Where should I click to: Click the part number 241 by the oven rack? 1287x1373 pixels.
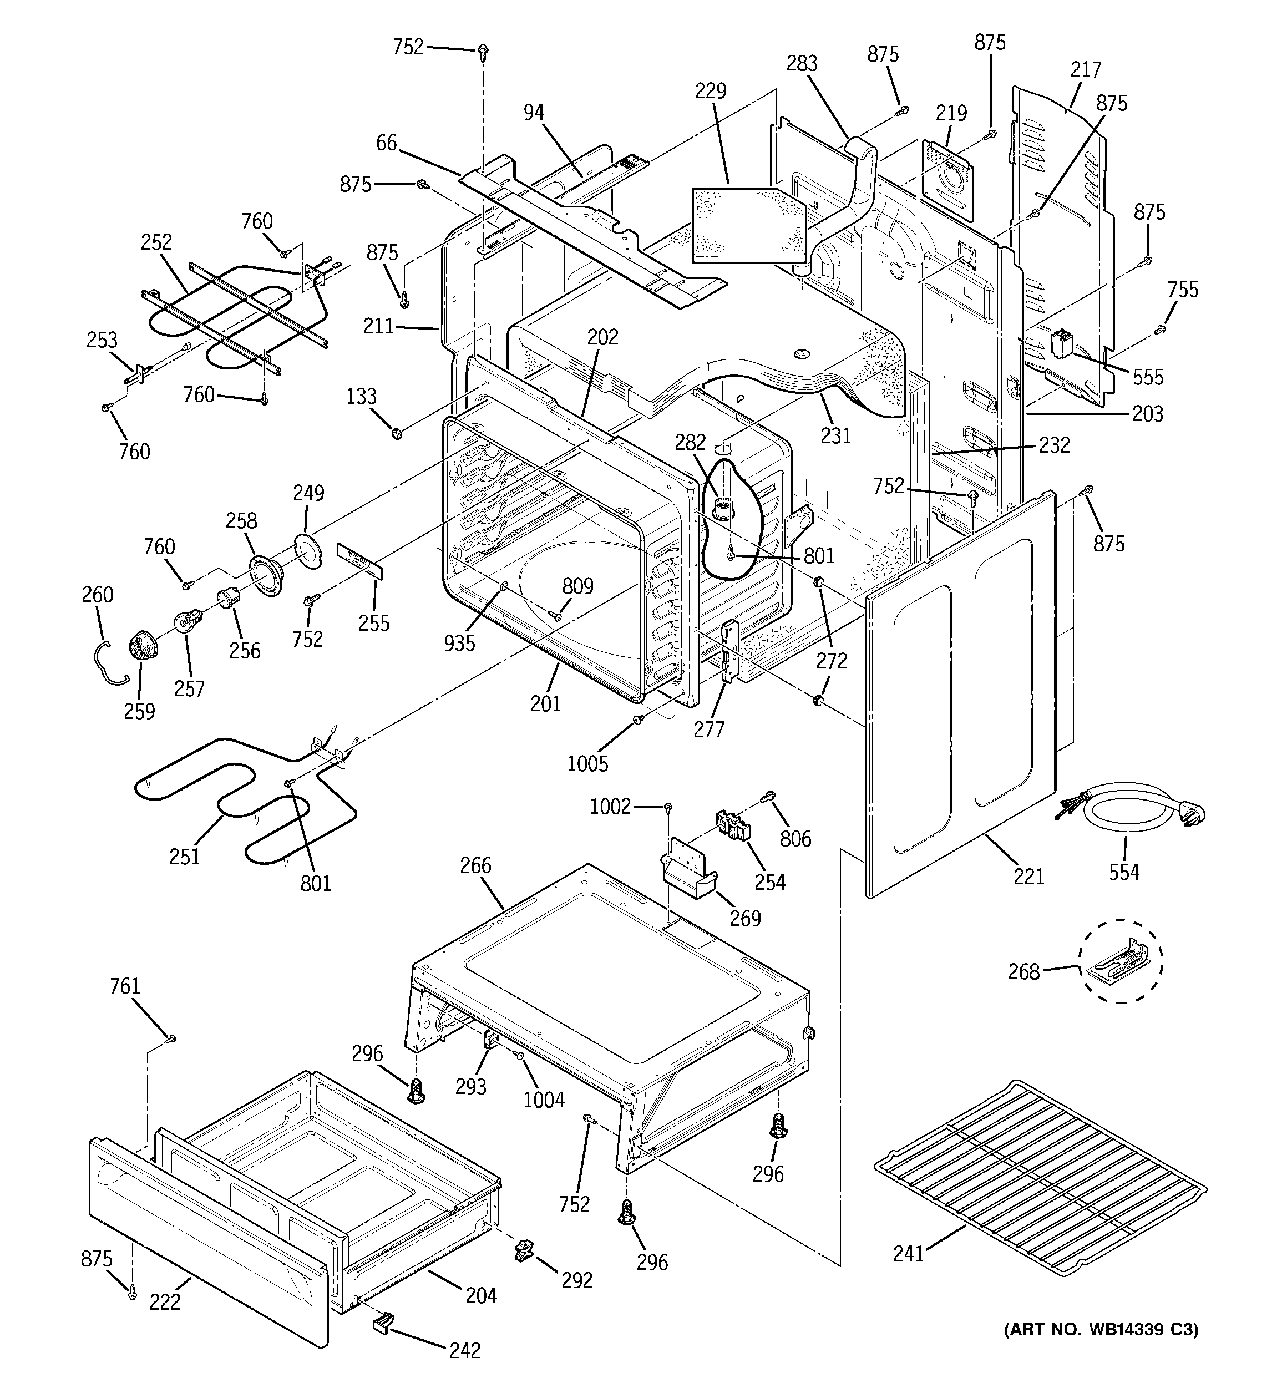pos(908,1254)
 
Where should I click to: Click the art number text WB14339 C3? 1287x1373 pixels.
pos(1101,1330)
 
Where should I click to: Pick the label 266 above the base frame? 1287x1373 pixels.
pos(475,865)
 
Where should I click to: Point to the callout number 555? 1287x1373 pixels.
pos(1147,377)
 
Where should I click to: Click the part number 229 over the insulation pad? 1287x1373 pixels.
pos(711,91)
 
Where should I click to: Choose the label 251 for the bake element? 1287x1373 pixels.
pos(184,857)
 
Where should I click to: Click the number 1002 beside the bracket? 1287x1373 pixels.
pos(610,806)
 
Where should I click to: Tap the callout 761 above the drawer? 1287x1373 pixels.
pos(125,986)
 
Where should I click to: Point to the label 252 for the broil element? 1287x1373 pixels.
pos(156,242)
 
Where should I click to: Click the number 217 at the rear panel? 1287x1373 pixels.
pos(1085,70)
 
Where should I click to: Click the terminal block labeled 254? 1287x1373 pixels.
pos(732,826)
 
